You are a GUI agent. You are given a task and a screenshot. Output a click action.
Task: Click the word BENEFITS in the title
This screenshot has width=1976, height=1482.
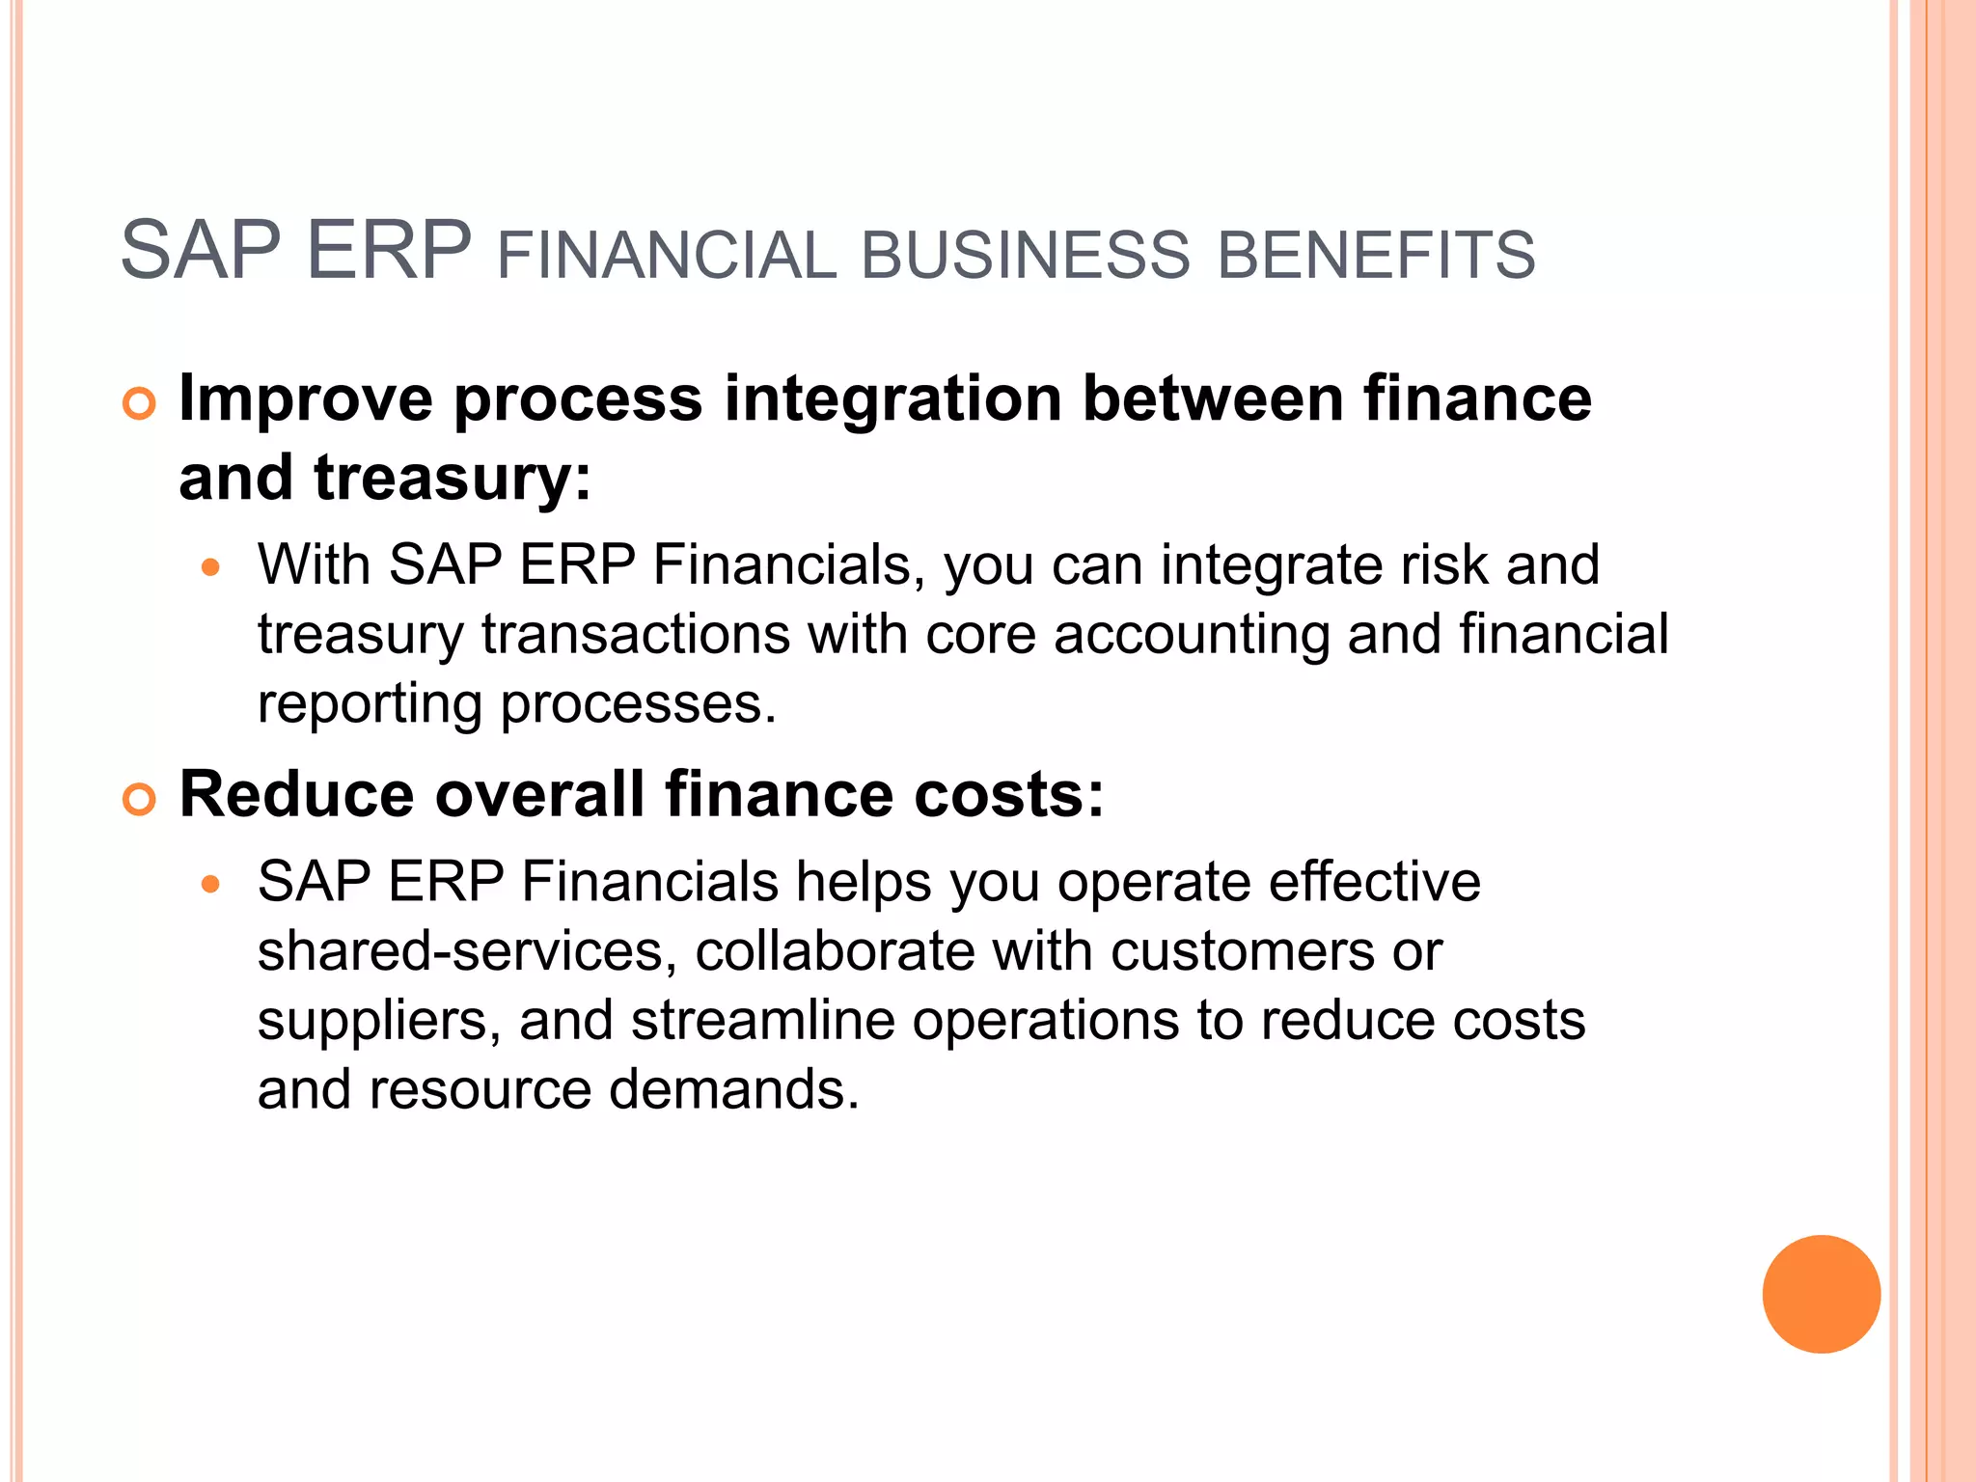point(1376,256)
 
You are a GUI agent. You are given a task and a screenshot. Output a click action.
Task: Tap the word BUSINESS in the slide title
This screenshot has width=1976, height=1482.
point(1025,256)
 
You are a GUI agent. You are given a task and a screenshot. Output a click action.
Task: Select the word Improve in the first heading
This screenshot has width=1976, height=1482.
point(306,400)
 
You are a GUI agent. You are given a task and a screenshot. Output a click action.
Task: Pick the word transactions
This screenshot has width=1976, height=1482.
point(636,635)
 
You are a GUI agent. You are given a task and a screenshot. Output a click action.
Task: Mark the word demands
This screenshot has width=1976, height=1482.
point(732,1090)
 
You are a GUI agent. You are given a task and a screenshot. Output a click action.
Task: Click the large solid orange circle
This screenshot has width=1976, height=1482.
point(1821,1294)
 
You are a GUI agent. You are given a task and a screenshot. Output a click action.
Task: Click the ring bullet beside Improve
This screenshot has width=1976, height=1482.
point(140,404)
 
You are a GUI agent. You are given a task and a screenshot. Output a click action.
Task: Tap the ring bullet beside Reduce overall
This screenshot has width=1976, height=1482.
point(140,800)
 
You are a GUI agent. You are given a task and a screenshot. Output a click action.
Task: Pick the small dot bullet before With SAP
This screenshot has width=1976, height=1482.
point(211,567)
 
